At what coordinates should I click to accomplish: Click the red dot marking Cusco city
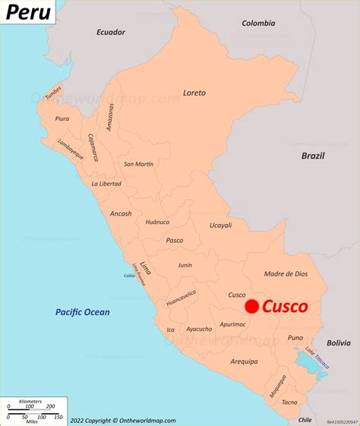(251, 306)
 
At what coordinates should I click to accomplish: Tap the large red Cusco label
(286, 307)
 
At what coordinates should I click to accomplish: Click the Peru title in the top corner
(30, 13)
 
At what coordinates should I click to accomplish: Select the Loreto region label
(194, 93)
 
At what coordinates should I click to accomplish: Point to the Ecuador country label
(110, 32)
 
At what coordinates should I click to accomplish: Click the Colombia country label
(258, 23)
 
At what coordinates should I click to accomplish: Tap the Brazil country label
(312, 156)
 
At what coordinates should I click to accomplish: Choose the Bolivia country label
(339, 342)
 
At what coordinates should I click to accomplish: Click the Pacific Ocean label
(82, 312)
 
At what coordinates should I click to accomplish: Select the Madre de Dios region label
(286, 273)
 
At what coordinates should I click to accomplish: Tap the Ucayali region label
(220, 226)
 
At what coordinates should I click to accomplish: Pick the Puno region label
(295, 337)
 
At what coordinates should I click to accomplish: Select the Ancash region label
(120, 213)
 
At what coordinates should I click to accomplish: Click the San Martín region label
(139, 164)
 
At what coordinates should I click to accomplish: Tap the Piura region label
(62, 118)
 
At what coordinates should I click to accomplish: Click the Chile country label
(305, 418)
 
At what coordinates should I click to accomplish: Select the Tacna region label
(289, 402)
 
